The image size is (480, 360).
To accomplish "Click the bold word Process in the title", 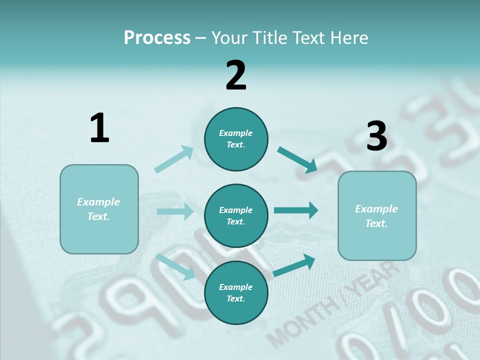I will tap(157, 38).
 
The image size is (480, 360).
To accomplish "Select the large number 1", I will tap(99, 128).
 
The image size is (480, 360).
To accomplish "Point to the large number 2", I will tap(236, 75).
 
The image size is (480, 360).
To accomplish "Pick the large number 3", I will tap(376, 136).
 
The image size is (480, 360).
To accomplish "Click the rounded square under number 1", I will tap(99, 209).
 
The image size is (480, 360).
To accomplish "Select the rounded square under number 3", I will tap(377, 216).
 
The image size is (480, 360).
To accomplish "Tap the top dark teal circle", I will tap(236, 139).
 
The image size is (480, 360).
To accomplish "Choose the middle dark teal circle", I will tap(236, 215).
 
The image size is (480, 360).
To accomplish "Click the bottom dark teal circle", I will tap(236, 292).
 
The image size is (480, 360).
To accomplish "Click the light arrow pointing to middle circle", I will tap(175, 211).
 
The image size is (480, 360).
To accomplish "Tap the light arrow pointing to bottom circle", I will tap(175, 266).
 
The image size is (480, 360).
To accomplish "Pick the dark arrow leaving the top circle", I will tap(297, 159).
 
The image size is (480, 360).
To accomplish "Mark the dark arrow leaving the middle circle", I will tap(296, 210).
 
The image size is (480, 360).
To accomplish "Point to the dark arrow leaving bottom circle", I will tap(294, 265).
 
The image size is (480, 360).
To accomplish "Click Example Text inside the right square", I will tap(376, 216).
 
